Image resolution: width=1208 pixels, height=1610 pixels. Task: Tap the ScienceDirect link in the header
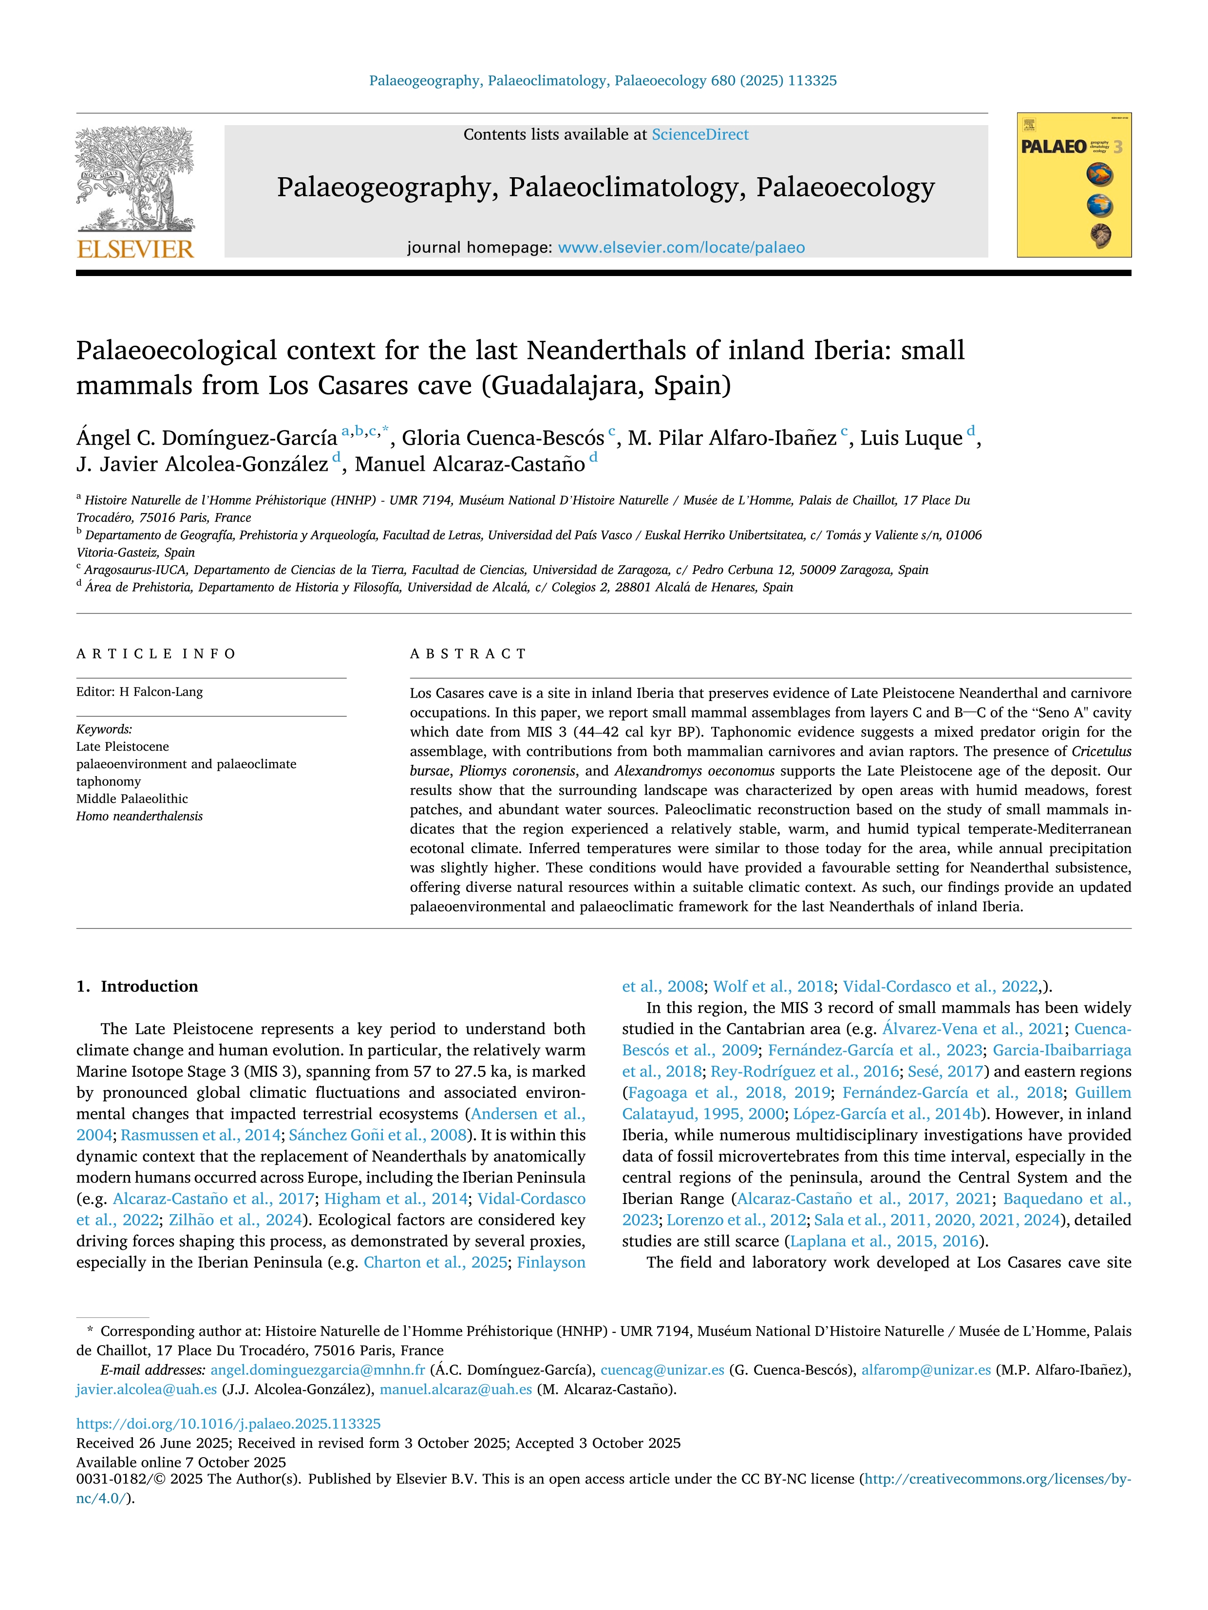[x=700, y=135]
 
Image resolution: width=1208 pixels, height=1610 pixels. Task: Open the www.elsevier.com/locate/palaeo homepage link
[x=681, y=247]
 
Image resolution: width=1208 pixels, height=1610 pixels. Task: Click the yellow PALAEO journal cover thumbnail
[x=1074, y=185]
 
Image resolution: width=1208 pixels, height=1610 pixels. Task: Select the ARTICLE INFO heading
[x=156, y=654]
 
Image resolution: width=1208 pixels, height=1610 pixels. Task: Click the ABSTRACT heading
[x=468, y=654]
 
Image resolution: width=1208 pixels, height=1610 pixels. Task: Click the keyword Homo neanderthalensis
[x=140, y=816]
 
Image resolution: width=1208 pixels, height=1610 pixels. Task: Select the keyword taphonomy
[x=109, y=781]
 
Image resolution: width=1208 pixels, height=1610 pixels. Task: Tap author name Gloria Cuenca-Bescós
[x=502, y=438]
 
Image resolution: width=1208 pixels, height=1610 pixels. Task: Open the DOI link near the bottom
[x=228, y=1424]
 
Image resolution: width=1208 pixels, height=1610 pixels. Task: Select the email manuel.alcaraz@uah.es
[x=456, y=1389]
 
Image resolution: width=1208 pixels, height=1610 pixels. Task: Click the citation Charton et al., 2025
[x=434, y=1262]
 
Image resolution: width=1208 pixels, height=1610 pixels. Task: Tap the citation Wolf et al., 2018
[x=773, y=986]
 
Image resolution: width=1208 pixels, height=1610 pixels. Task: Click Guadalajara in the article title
[x=566, y=385]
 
